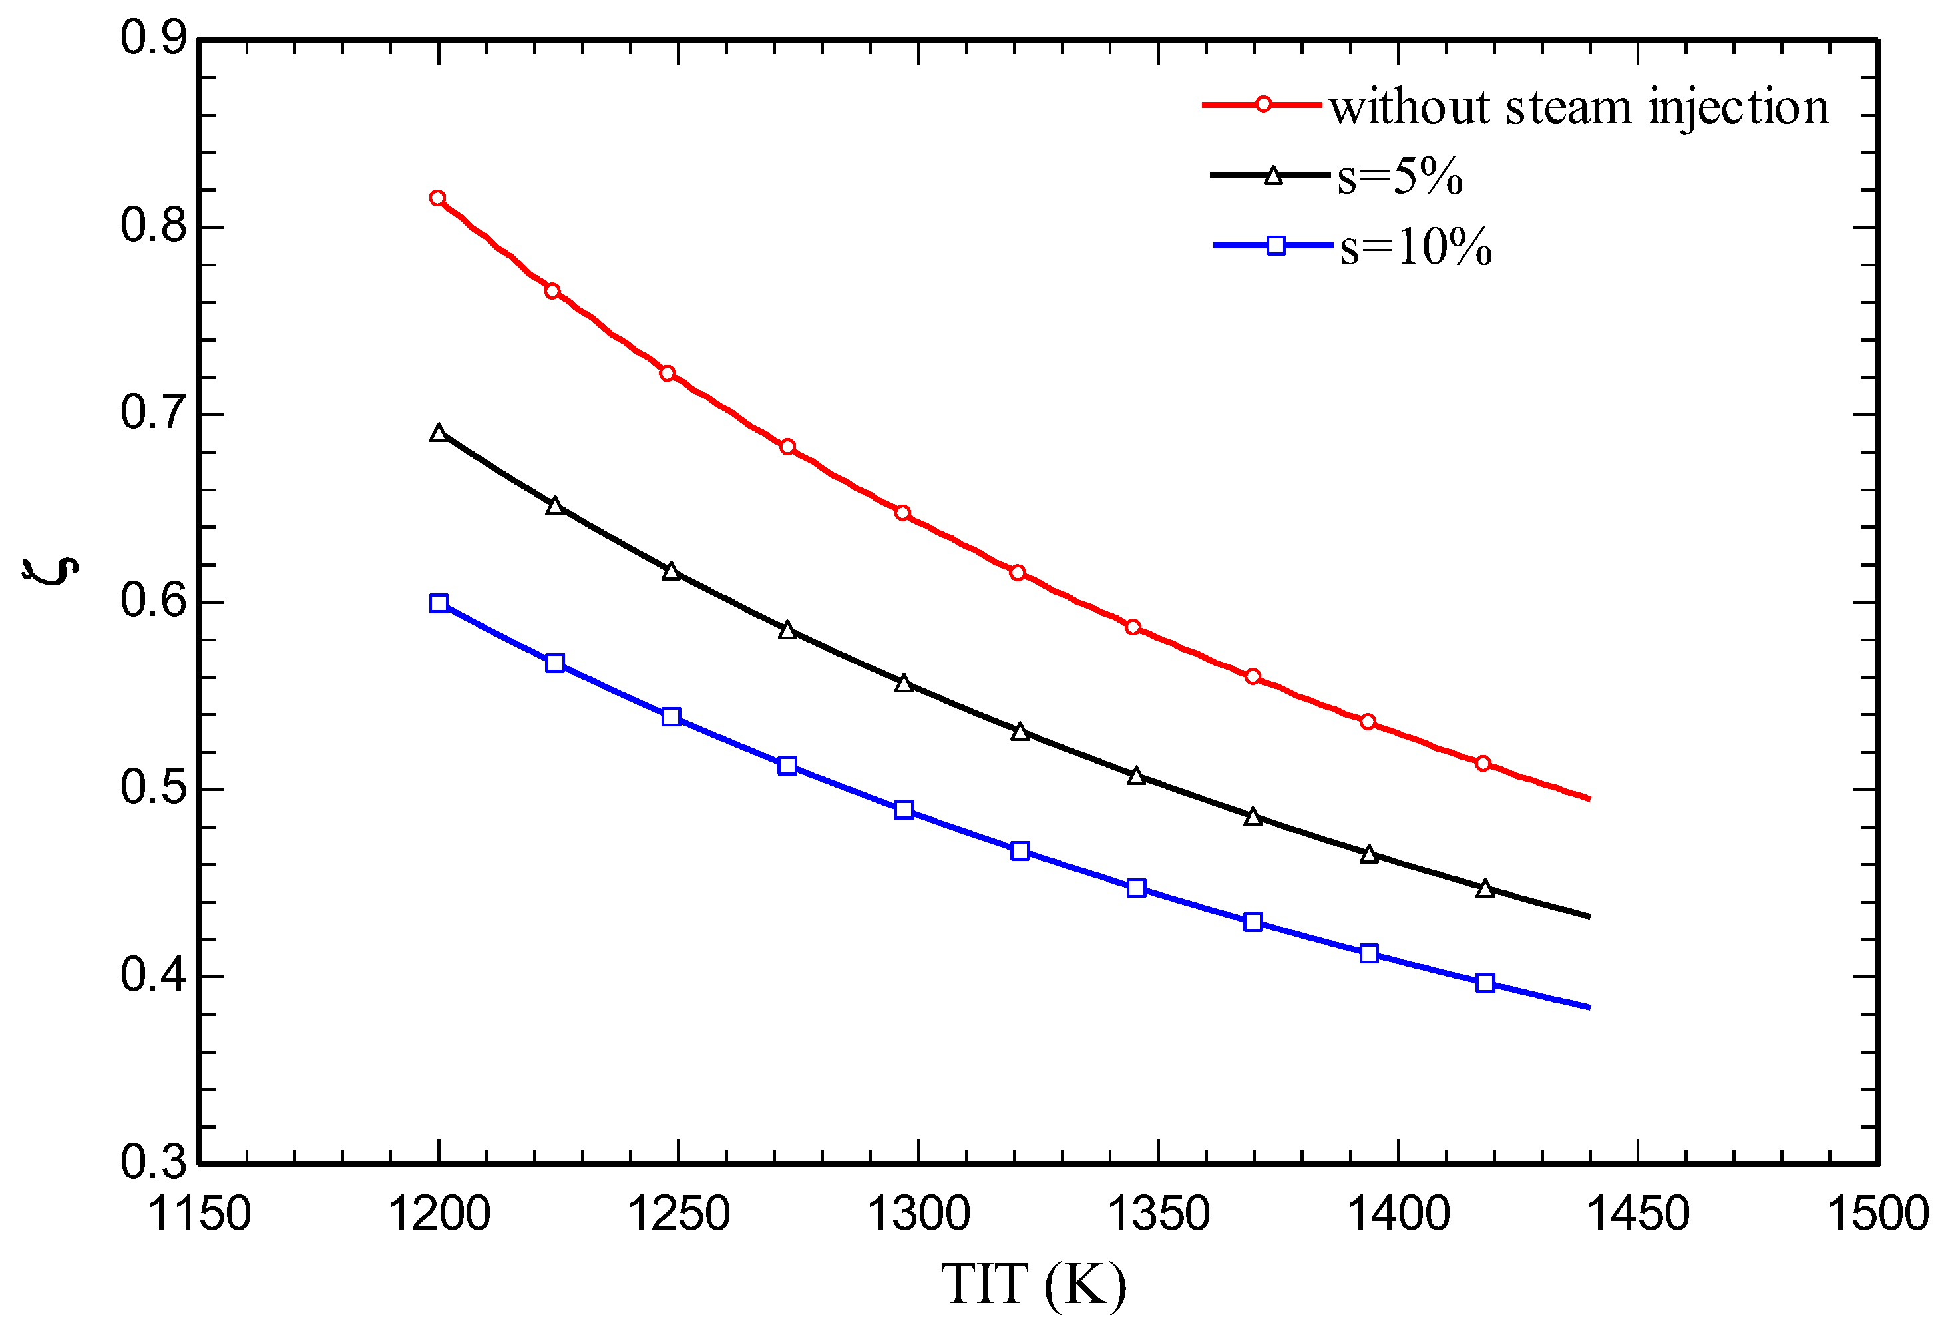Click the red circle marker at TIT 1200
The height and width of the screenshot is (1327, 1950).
click(437, 198)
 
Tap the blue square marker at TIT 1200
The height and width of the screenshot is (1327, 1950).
click(438, 603)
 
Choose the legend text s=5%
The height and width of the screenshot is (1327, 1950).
click(1400, 177)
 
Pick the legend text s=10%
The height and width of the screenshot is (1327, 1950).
click(1416, 248)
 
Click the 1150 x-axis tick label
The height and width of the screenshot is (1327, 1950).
click(199, 1214)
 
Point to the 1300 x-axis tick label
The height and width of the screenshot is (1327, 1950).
click(918, 1214)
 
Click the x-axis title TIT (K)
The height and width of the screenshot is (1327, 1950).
click(1033, 1284)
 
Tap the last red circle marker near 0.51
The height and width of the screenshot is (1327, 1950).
click(1483, 763)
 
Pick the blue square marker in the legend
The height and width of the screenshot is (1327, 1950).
click(1275, 246)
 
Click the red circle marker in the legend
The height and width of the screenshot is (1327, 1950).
click(1263, 104)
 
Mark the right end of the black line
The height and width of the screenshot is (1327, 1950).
click(1589, 916)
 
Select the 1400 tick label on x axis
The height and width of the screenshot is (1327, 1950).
click(1398, 1214)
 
